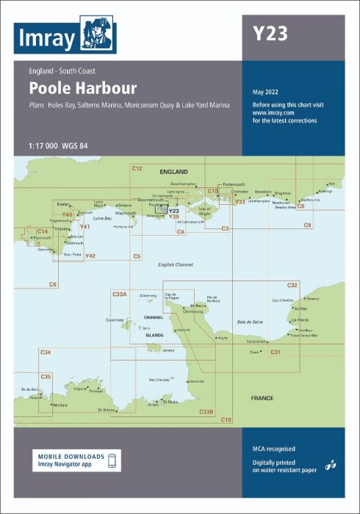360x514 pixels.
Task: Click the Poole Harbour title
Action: (x=82, y=89)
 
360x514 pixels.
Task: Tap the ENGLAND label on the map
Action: (x=174, y=171)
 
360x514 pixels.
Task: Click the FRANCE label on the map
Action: (x=262, y=398)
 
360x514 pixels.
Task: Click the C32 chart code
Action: (x=292, y=285)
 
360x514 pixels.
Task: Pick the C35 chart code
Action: (x=46, y=377)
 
